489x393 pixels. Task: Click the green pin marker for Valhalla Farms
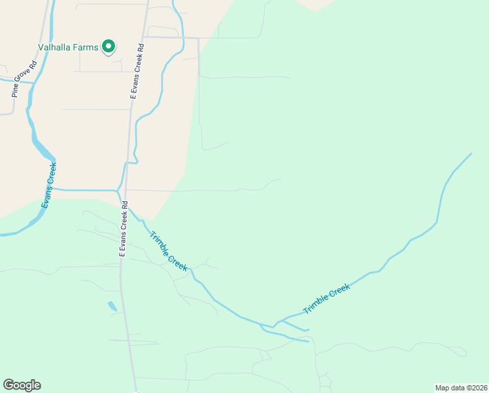(x=109, y=47)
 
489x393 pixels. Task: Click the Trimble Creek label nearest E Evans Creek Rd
(x=168, y=252)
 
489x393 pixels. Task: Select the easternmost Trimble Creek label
(x=327, y=299)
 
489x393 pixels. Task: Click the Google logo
(x=22, y=385)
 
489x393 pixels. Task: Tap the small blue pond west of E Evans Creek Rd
(x=112, y=306)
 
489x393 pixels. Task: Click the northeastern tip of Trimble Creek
(x=471, y=154)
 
